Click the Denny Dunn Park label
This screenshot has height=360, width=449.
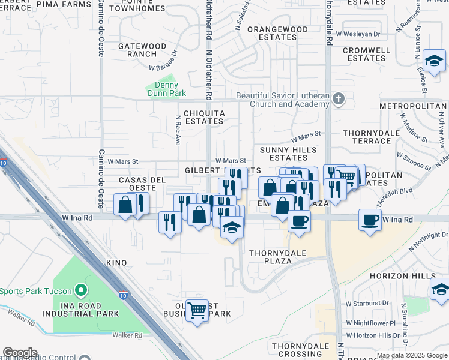166,89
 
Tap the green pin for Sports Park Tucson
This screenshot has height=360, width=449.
80,292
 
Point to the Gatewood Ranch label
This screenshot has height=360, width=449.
142,50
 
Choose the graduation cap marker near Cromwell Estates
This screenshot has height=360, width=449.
433,61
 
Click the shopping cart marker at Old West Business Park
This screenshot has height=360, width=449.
197,311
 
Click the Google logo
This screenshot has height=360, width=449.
20,353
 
